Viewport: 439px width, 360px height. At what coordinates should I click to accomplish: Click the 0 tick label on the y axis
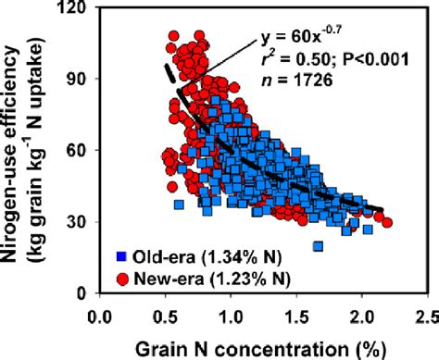tap(82, 293)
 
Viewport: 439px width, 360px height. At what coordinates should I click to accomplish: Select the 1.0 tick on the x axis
tap(231, 314)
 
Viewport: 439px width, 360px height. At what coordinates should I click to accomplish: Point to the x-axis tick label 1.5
tap(295, 314)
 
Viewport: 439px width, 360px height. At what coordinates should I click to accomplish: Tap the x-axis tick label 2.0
tap(361, 314)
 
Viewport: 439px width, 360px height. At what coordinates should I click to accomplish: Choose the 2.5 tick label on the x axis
tap(425, 314)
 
